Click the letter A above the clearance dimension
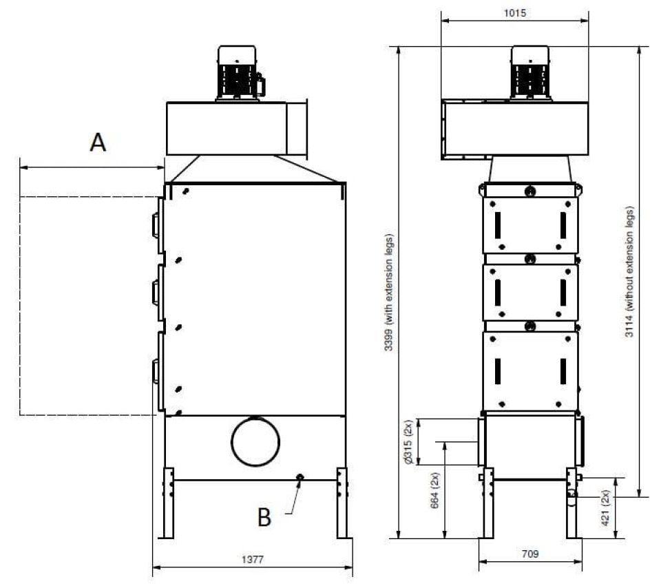click(98, 142)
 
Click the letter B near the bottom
click(264, 517)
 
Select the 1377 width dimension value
click(252, 559)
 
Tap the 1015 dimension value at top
click(515, 13)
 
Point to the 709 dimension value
click(530, 554)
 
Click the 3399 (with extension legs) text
click(388, 293)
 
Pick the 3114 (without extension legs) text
click(629, 271)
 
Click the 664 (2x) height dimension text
click(434, 490)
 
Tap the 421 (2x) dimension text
click(605, 507)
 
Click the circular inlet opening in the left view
click(255, 441)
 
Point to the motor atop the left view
click(239, 73)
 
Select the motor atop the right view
click(530, 73)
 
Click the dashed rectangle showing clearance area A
click(20, 306)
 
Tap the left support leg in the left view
click(168, 503)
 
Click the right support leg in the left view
click(342, 503)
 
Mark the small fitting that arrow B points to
click(300, 477)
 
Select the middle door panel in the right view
click(530, 293)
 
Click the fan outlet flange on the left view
click(297, 129)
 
